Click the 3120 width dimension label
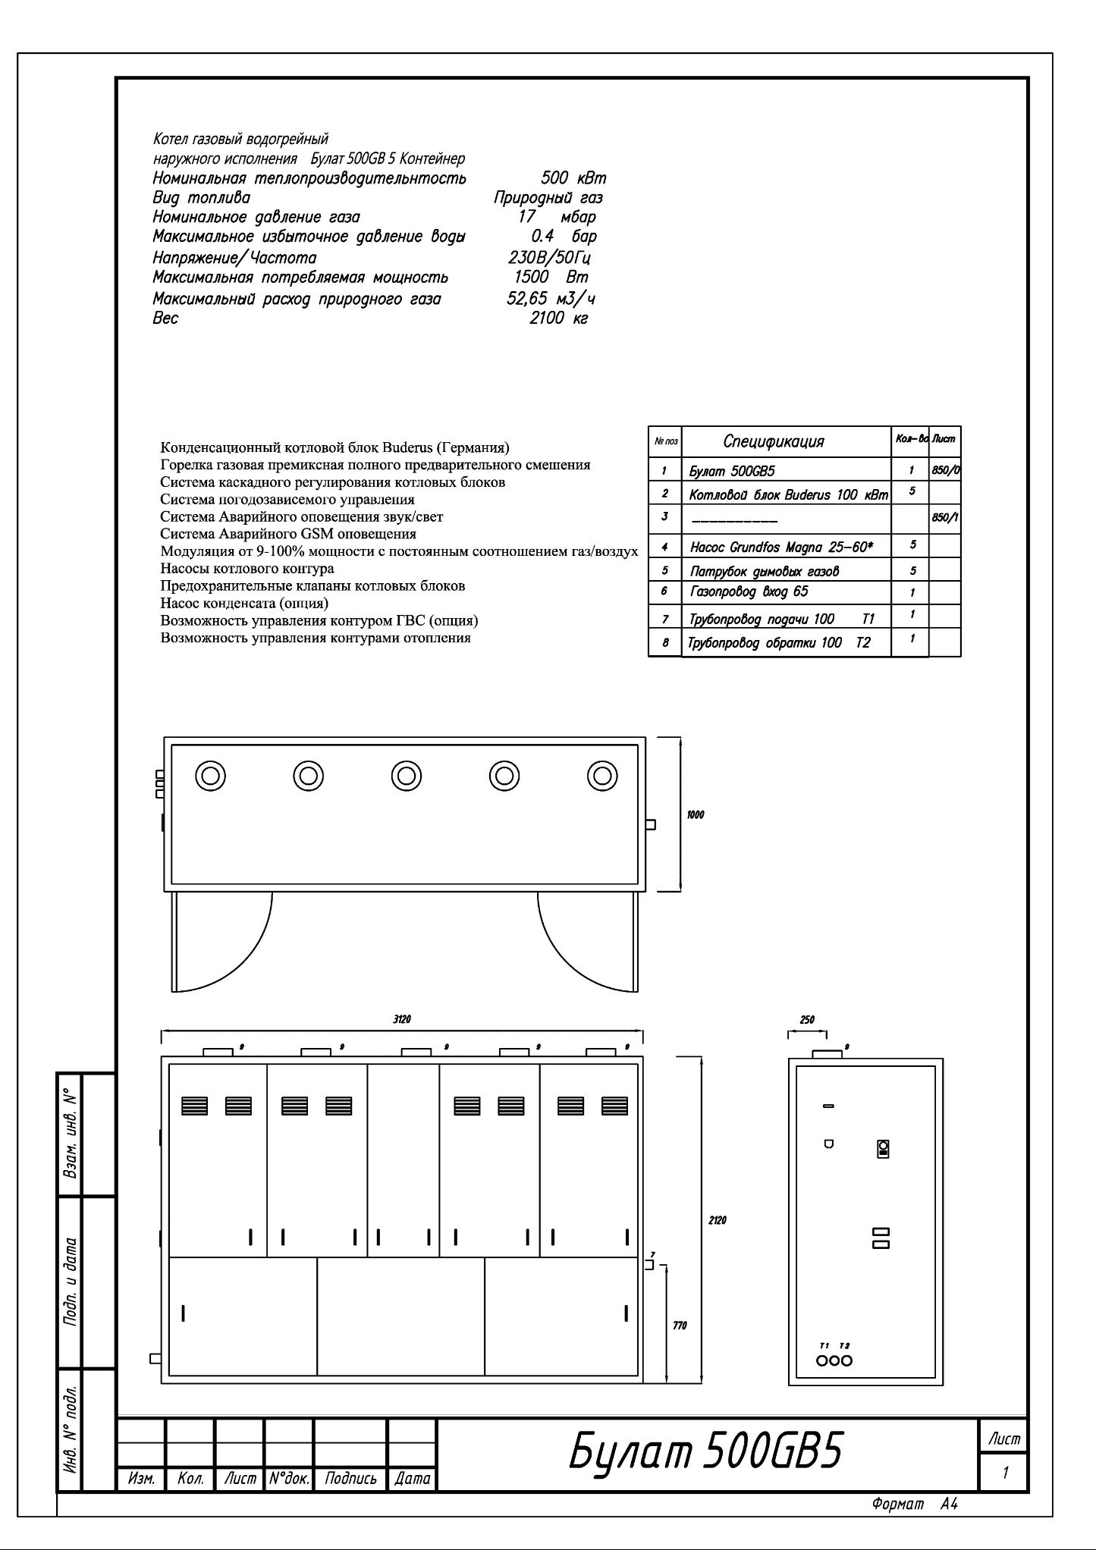pos(401,1019)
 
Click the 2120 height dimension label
pos(718,1220)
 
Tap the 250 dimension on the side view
pos(807,1020)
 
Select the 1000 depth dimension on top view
pos(695,814)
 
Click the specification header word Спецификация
pos(773,441)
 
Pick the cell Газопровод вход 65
pos(749,591)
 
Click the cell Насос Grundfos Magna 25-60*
pos(778,546)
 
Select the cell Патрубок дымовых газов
pos(765,571)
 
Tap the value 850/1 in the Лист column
pos(945,517)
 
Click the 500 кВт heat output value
pos(573,178)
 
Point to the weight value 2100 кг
pos(557,318)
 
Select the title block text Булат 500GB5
pos(705,1452)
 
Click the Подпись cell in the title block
pos(350,1478)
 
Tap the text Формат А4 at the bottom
pos(915,1504)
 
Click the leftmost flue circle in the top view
pos(210,776)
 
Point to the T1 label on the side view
pos(824,1345)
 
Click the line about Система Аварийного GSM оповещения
pos(288,534)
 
